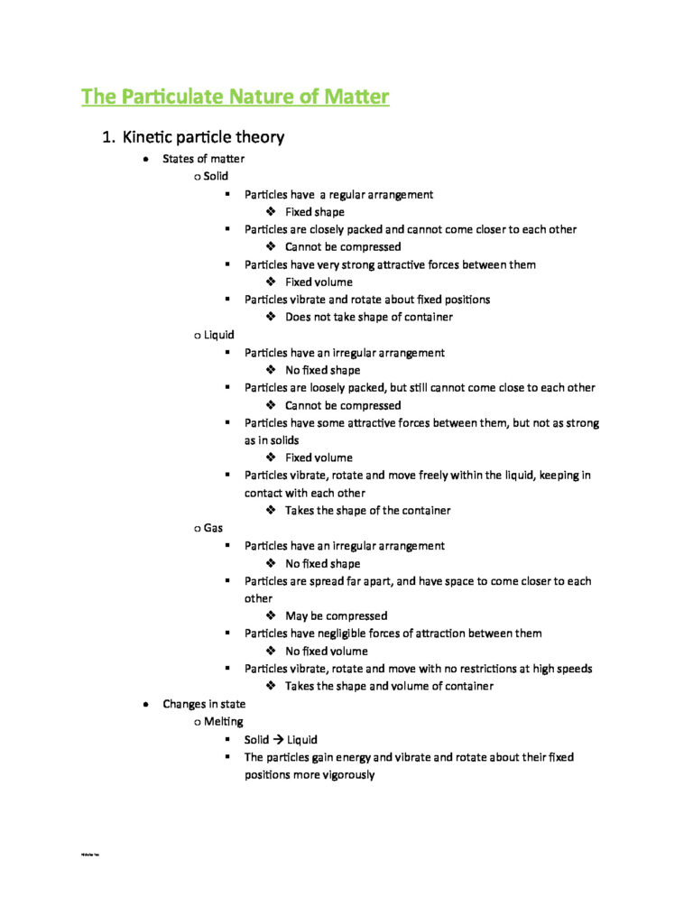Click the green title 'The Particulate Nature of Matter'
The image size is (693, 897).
235,96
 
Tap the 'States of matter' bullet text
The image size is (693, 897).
203,159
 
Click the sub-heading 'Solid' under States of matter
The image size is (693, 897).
216,176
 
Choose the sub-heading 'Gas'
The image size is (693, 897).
213,528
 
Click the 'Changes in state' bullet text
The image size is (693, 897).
204,704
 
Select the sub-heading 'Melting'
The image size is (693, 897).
223,721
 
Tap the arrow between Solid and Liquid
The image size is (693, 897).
279,739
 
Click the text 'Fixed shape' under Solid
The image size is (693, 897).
314,212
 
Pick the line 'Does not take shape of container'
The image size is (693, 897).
368,317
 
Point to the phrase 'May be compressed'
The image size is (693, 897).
336,615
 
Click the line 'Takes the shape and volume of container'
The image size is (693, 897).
389,686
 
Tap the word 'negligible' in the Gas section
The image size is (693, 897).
338,633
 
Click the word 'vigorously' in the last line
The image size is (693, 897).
344,774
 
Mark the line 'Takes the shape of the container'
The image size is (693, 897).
367,511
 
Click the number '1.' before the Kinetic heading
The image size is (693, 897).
109,138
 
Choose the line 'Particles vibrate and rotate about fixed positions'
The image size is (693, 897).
369,300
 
